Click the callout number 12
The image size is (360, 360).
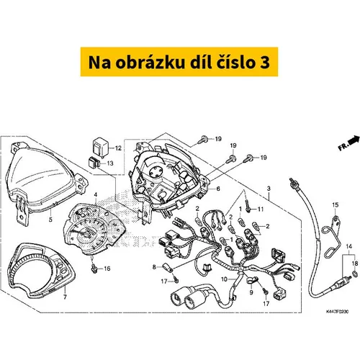click(x=119, y=148)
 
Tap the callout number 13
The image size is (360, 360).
click(x=110, y=163)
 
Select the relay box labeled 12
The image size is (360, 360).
click(x=100, y=146)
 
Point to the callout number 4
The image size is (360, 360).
click(x=96, y=194)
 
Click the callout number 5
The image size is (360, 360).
click(x=50, y=219)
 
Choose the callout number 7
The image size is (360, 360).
click(x=218, y=189)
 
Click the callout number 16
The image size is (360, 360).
click(x=65, y=297)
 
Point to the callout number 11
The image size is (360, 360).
click(x=261, y=210)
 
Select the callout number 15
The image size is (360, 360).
click(x=336, y=204)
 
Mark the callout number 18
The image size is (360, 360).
click(x=355, y=264)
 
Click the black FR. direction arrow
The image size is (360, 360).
click(x=354, y=140)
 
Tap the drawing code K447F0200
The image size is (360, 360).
click(x=337, y=312)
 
